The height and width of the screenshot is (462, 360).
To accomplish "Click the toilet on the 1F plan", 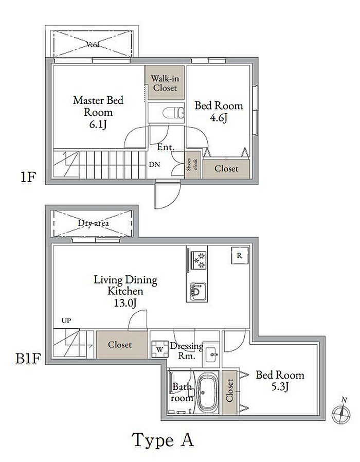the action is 173,112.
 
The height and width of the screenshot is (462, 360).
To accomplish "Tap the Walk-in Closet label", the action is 165,83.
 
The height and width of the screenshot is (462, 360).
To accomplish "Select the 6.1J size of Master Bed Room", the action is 98,125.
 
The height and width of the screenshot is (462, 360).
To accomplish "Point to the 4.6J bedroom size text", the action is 219,118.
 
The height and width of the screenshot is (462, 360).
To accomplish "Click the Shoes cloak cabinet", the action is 193,165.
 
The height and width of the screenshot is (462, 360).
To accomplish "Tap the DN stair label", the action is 154,165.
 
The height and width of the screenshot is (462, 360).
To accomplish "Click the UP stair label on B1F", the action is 66,321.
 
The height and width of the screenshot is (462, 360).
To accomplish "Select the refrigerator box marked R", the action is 240,256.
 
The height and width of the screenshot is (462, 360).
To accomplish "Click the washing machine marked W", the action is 159,349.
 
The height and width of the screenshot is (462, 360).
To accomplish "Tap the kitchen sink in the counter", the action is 197,292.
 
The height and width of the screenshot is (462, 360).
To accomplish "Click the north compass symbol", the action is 341,412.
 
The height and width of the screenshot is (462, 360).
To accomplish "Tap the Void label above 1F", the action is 93,45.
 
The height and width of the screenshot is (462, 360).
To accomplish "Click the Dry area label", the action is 94,223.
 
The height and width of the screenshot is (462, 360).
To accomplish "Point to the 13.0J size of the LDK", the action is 125,303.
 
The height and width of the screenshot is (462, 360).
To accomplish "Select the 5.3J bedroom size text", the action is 280,386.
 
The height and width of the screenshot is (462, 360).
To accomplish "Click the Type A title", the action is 163,440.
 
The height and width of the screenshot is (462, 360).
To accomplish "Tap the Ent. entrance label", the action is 166,147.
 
